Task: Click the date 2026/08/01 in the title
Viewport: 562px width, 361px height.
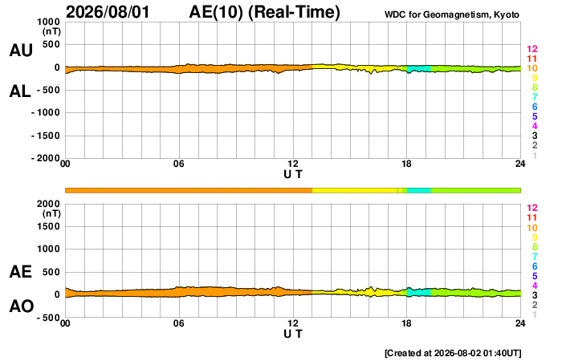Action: (x=108, y=11)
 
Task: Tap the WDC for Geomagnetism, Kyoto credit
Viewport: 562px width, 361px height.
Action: (x=451, y=14)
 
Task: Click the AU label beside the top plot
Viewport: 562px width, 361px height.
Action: (x=21, y=50)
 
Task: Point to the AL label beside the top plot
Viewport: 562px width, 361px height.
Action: (x=20, y=91)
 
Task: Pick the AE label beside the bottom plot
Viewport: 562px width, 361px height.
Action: (x=20, y=272)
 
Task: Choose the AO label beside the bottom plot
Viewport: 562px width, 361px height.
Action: (x=22, y=306)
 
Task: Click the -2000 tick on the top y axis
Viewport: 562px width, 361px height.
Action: (x=46, y=158)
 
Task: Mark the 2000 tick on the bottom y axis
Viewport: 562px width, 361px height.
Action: (x=48, y=204)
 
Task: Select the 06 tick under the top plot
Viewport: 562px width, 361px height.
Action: (x=179, y=164)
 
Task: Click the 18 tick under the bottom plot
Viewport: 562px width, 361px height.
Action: (x=406, y=323)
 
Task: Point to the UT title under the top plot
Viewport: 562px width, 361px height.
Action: (x=293, y=174)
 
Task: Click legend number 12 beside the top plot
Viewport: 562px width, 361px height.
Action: (x=531, y=49)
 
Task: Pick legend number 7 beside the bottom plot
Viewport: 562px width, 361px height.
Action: (x=535, y=257)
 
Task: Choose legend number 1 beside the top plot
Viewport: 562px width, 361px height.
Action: (x=535, y=156)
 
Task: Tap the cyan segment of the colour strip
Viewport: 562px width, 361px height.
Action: (x=419, y=191)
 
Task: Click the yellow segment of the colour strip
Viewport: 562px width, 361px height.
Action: (x=355, y=191)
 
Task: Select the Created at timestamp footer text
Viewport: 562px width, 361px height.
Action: (x=453, y=353)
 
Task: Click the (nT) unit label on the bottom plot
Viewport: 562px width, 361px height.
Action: (x=51, y=214)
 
